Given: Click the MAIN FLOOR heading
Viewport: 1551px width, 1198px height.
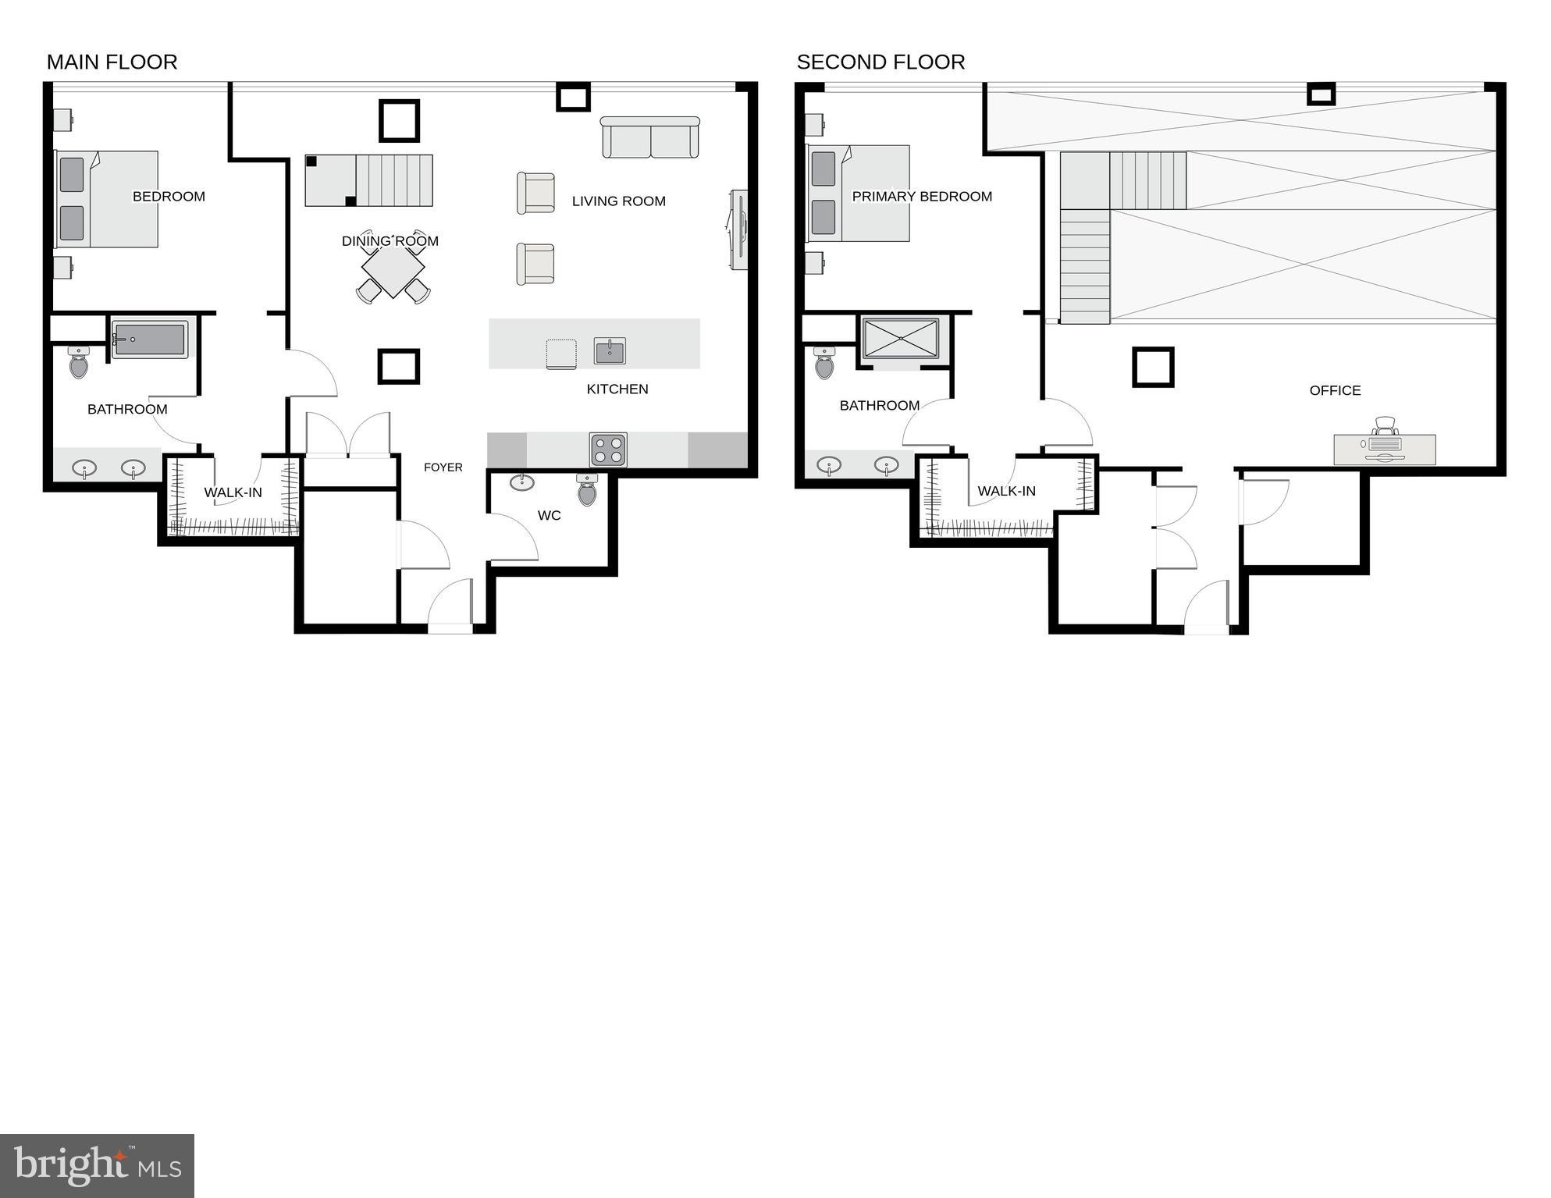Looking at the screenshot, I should click(112, 62).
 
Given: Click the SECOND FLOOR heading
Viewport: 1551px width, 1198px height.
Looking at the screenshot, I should click(880, 62).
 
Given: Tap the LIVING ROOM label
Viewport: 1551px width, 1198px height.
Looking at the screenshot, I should click(618, 201).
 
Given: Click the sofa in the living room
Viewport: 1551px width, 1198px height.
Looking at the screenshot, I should click(649, 137).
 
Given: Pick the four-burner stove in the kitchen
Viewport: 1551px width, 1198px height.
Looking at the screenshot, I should click(608, 450).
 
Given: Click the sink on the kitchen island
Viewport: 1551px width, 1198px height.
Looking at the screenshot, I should click(610, 351).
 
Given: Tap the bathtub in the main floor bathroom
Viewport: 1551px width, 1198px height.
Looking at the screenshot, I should click(149, 339).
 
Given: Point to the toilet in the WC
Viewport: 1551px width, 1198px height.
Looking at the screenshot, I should click(587, 490).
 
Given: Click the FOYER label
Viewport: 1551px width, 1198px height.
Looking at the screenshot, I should click(443, 467).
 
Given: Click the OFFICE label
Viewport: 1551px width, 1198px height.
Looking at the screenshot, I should click(1335, 390).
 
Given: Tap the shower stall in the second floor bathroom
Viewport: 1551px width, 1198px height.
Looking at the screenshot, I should click(901, 339).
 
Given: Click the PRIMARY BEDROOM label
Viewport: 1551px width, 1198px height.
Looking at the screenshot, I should click(922, 196).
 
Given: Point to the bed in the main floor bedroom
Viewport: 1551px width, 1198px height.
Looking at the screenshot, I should click(107, 199).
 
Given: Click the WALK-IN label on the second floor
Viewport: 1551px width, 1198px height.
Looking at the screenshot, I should click(1006, 491).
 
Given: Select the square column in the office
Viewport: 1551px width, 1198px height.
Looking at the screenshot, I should click(1153, 367).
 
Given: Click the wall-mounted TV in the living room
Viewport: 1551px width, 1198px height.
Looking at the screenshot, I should click(738, 229).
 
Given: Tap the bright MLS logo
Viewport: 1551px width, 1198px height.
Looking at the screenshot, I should click(97, 1165).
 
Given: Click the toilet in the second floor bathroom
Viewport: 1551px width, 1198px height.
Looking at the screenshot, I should click(824, 363).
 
